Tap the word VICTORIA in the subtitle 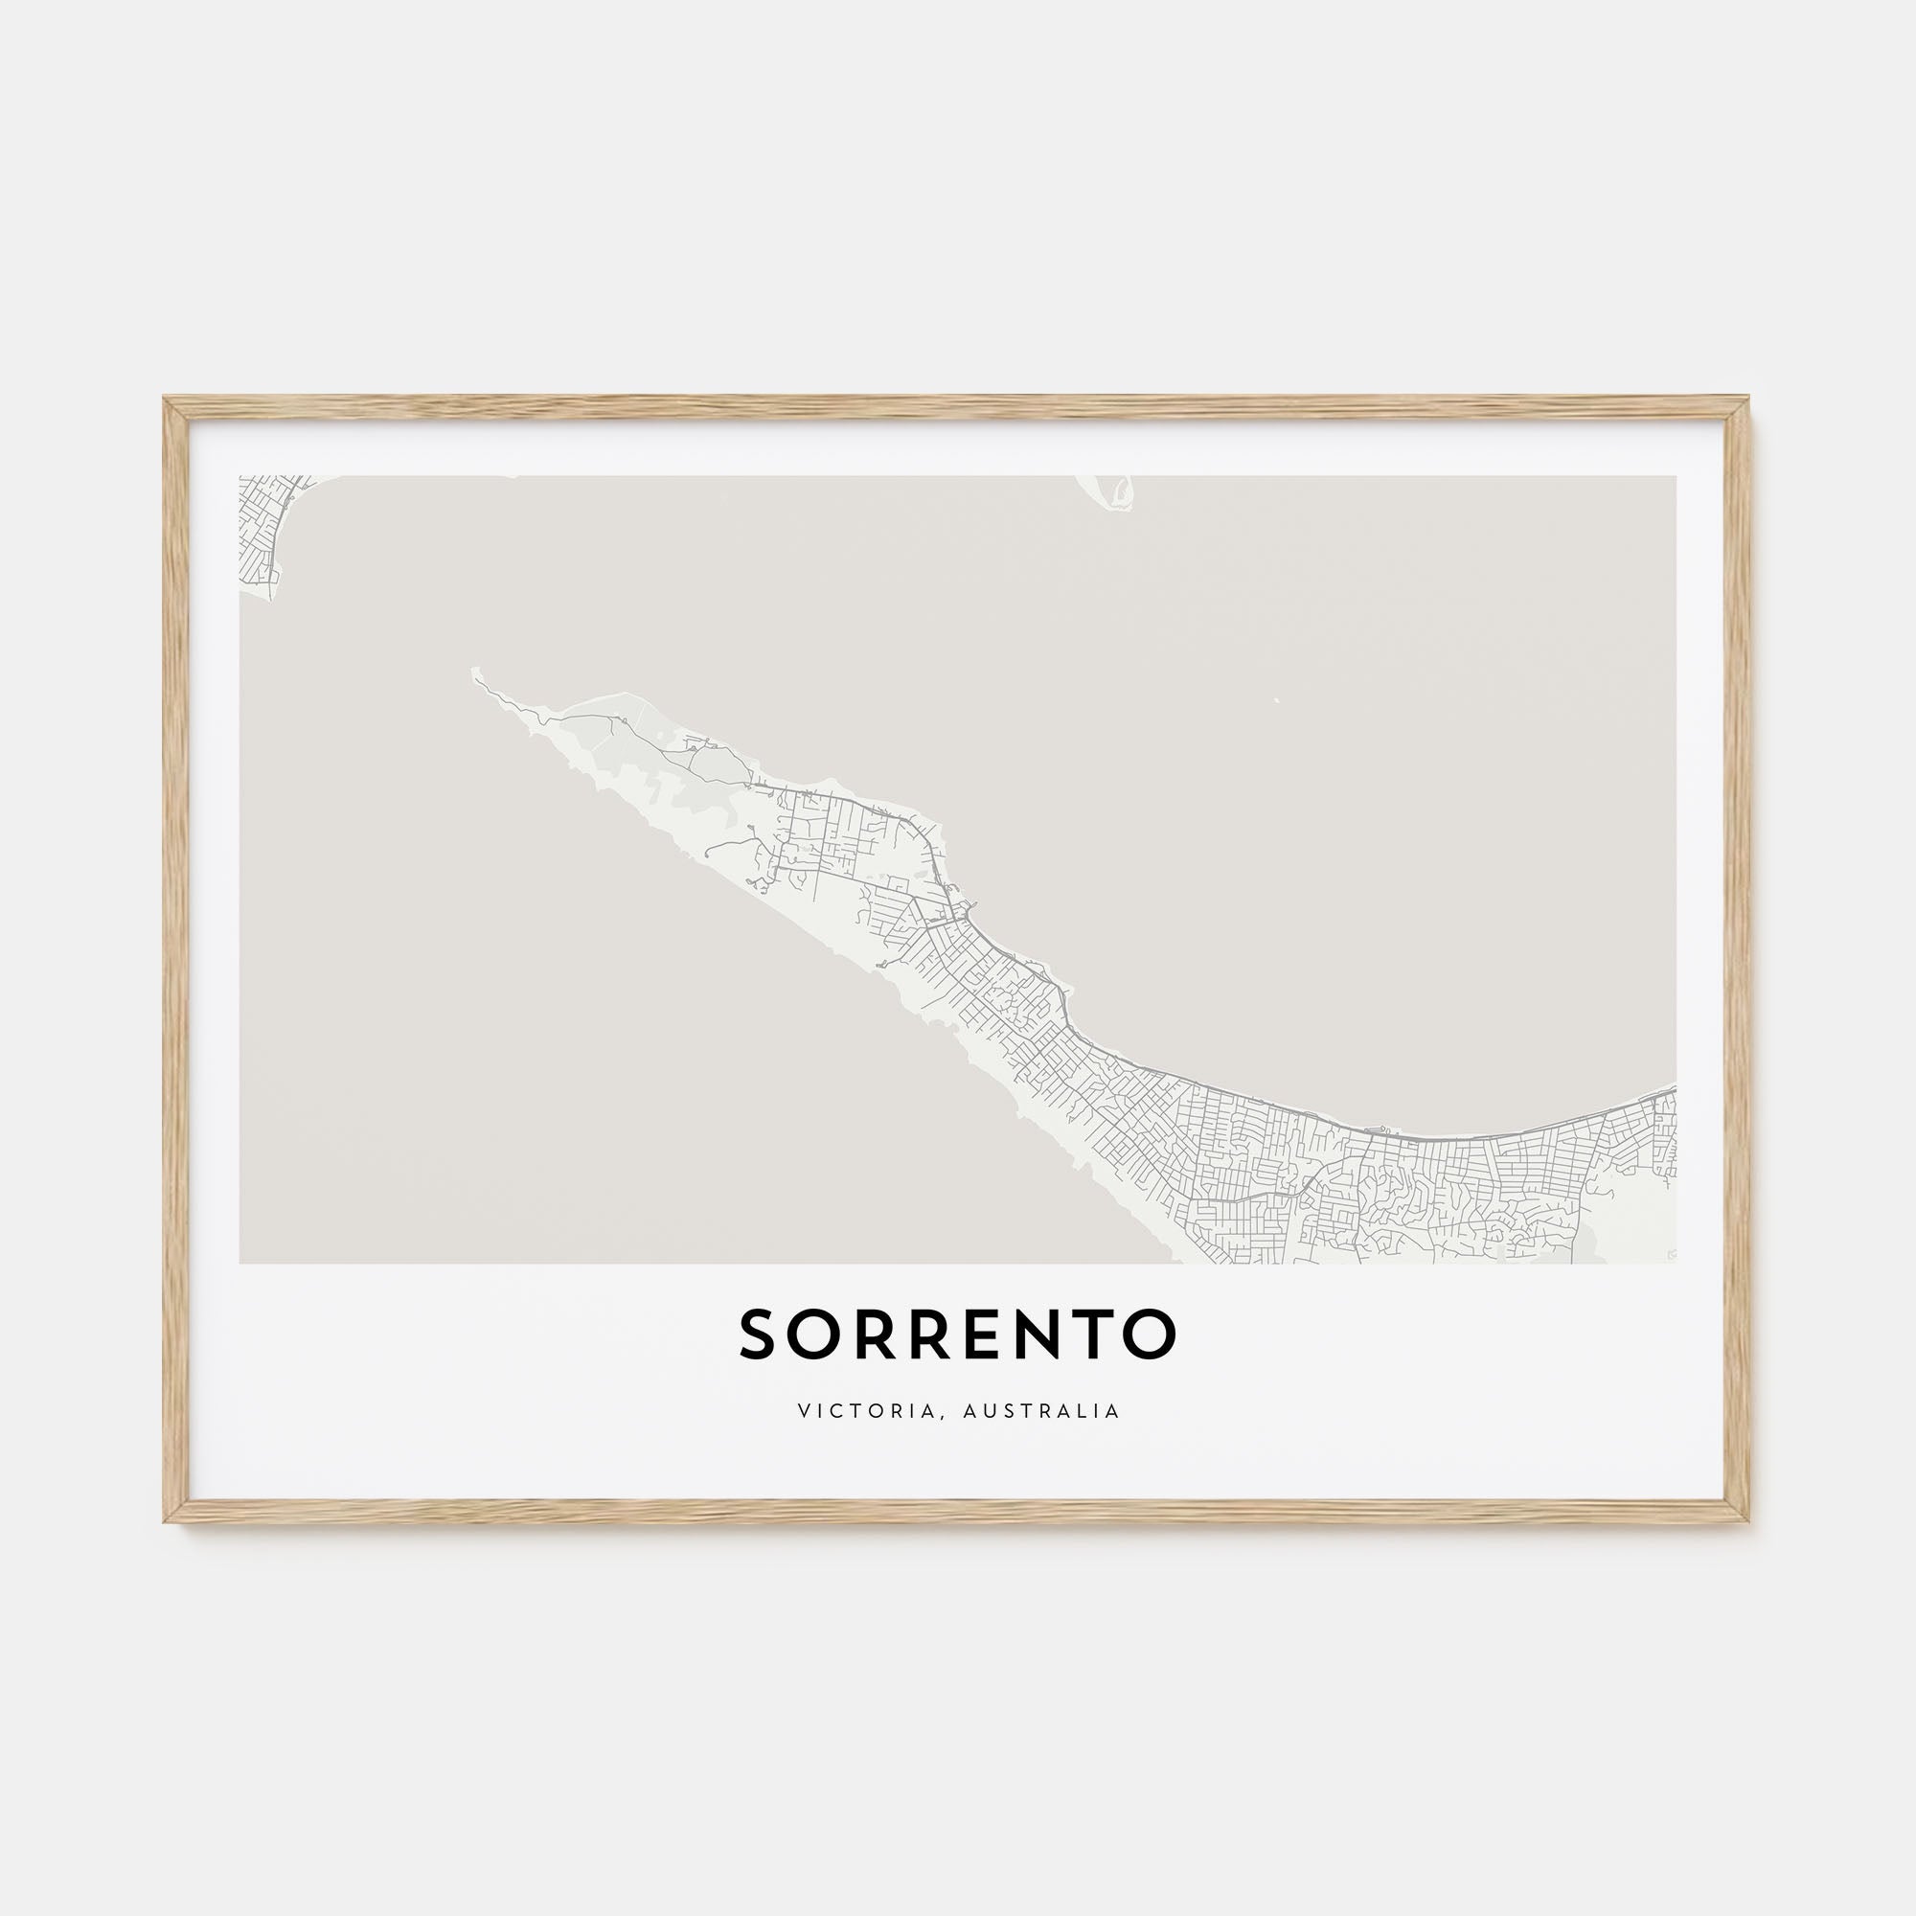(864, 1410)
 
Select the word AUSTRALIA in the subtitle (1041, 1410)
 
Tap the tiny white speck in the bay (1276, 701)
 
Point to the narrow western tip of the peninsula (477, 674)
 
